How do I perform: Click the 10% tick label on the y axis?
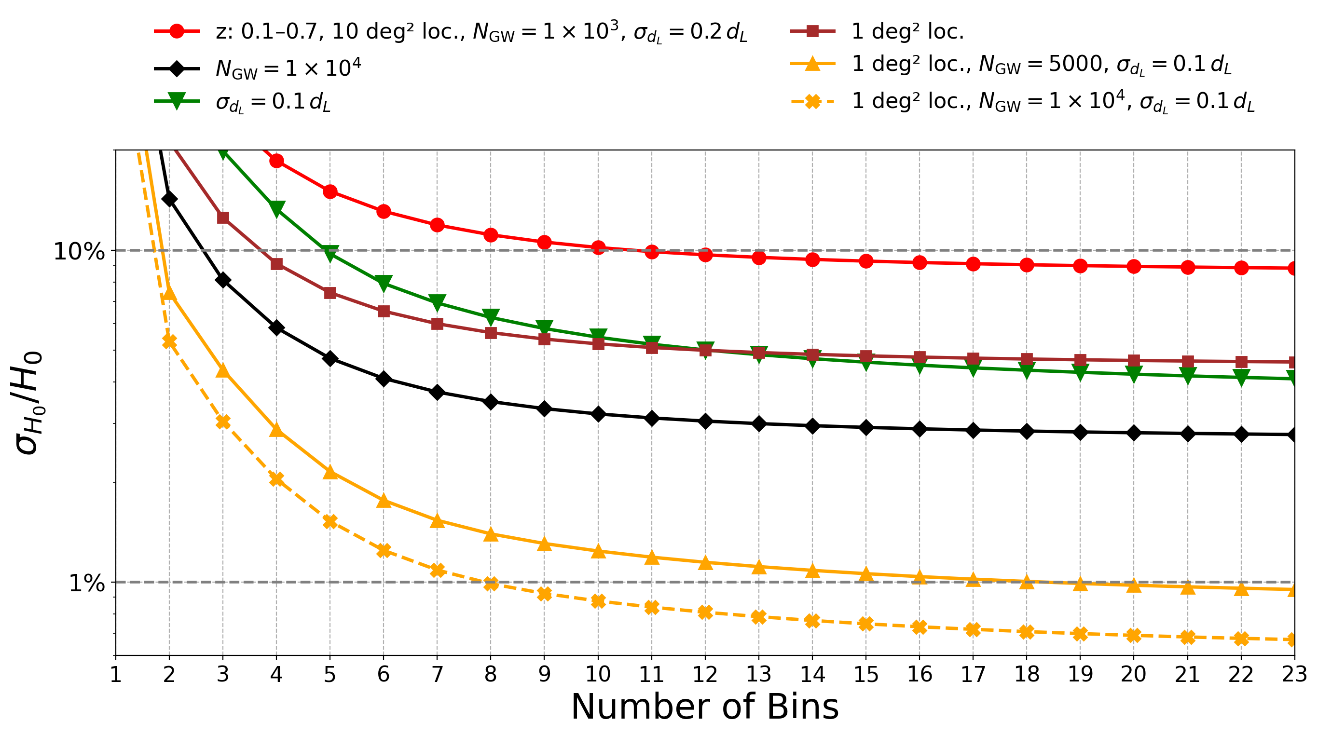tap(79, 251)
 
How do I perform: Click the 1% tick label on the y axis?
tap(86, 583)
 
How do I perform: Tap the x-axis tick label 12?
tap(704, 675)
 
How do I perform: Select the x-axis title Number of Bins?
tap(704, 708)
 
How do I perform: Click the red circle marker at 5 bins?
tap(330, 192)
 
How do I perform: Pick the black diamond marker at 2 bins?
tap(169, 198)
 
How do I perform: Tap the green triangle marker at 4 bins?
tap(276, 208)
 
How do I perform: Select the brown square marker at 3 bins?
tap(223, 218)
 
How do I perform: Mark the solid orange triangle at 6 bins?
tap(384, 501)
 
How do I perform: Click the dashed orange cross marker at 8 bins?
tap(491, 583)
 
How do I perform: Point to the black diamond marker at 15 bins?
tap(865, 428)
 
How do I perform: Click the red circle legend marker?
tap(177, 31)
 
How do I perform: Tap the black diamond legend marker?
tap(177, 68)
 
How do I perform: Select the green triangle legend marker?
tap(177, 102)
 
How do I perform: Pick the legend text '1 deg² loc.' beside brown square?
tap(907, 32)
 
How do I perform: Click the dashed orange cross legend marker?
tap(812, 101)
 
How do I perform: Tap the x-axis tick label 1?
tap(116, 675)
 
